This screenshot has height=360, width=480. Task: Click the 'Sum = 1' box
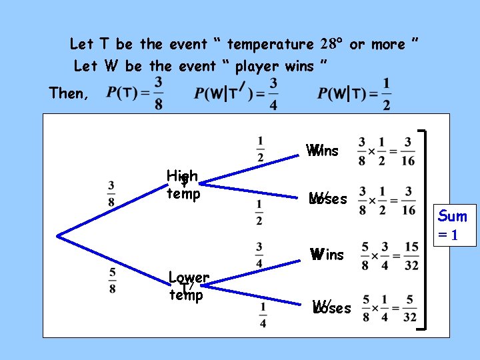coord(453,225)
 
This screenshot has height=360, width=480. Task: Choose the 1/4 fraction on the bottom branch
coord(263,313)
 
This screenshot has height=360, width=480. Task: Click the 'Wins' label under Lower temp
coord(327,255)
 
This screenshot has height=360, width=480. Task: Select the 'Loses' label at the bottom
coord(331,308)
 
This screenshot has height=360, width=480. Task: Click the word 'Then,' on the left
coord(68,93)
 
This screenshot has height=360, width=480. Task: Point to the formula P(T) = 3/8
coord(135,93)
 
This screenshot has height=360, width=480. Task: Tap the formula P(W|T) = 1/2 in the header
coord(354,93)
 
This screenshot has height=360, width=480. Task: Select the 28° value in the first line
coord(331,45)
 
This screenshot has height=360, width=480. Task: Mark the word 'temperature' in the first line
coord(270,45)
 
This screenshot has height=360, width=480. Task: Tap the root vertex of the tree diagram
coord(59,235)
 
